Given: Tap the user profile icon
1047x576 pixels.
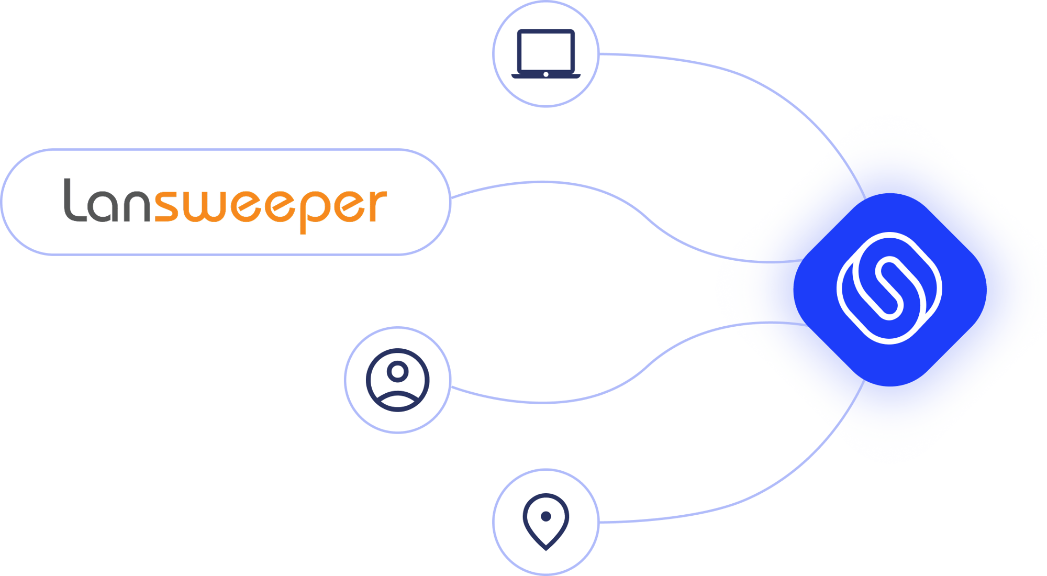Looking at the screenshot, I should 397,380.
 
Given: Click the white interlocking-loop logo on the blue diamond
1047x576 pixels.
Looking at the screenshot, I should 889,288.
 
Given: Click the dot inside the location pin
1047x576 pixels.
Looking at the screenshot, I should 545,516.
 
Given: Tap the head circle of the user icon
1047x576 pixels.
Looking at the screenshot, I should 397,371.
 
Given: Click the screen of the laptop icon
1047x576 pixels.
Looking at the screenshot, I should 545,50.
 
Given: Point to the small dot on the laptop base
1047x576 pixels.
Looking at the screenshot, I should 545,74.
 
